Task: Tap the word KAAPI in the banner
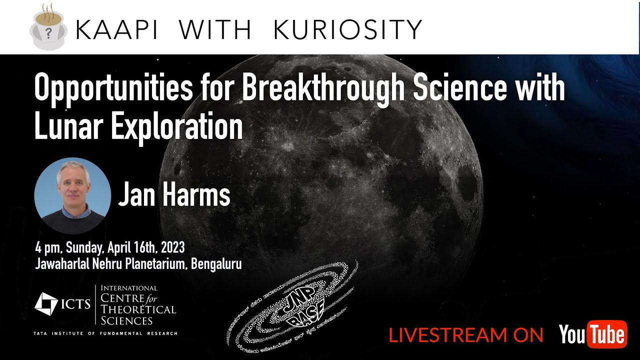click(116, 30)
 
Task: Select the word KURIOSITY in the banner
click(348, 30)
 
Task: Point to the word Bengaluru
click(218, 264)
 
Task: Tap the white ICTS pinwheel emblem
click(46, 304)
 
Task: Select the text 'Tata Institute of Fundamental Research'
click(105, 333)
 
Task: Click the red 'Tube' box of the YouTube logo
click(606, 334)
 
